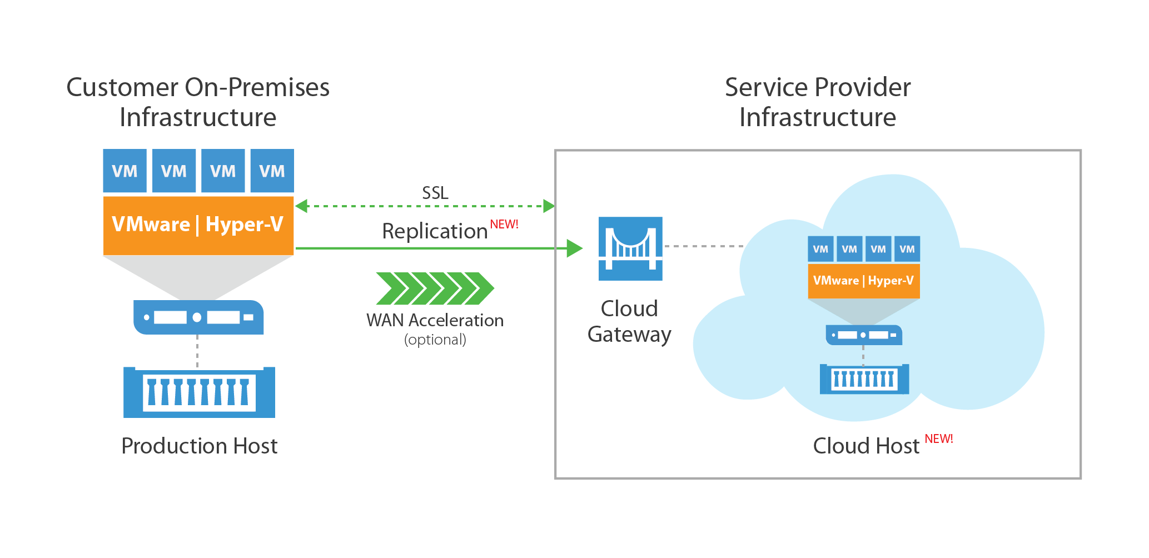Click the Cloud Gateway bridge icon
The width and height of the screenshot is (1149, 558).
pos(630,248)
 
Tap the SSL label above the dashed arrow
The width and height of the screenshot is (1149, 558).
pos(435,193)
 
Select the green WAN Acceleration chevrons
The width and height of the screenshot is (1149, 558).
pos(435,288)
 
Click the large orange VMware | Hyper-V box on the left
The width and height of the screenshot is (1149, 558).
pos(198,225)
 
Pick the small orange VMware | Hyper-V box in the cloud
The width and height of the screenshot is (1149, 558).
pos(863,281)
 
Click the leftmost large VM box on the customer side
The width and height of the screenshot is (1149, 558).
pos(125,171)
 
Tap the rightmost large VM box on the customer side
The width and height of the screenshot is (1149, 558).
pos(272,171)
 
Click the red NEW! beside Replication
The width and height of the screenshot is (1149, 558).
pos(504,224)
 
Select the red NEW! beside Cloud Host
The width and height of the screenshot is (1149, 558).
pos(938,439)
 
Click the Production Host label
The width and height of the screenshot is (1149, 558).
pos(199,446)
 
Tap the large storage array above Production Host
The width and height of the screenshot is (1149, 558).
pos(199,392)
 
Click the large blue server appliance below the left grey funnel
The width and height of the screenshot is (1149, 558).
pos(198,317)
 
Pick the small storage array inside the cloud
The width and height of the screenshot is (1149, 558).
pos(864,379)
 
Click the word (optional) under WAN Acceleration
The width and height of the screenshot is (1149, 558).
pos(435,340)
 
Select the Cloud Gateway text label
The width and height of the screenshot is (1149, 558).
pos(629,321)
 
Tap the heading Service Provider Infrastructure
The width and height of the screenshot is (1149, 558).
pos(817,102)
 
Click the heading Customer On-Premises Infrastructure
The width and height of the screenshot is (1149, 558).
pos(198,102)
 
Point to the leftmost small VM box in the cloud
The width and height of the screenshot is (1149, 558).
pos(820,249)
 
